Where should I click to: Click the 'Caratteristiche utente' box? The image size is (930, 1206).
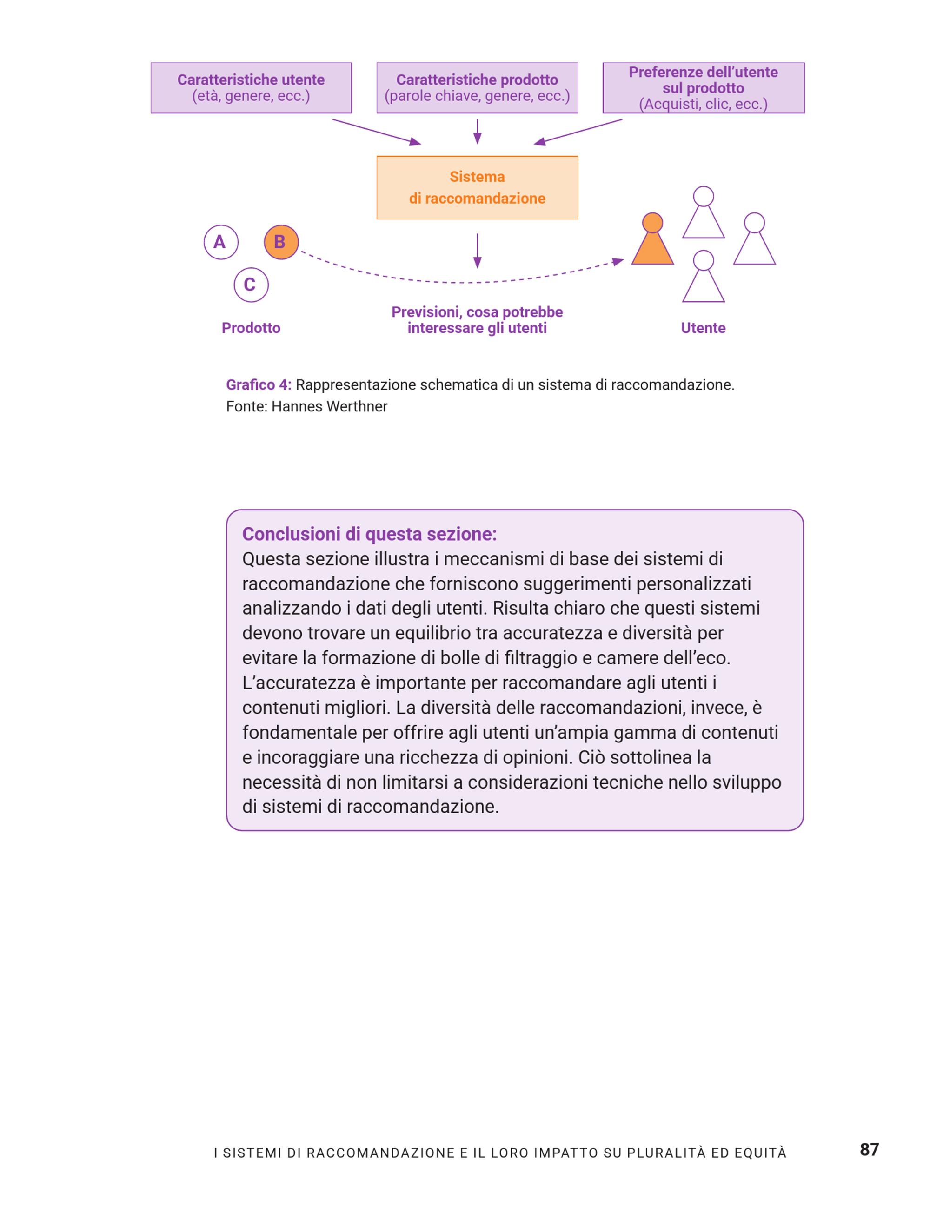point(251,88)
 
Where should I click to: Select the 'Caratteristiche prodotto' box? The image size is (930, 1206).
point(477,88)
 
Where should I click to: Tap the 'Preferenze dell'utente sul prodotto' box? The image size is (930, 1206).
point(703,88)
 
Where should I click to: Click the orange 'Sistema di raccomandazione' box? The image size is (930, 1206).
point(477,187)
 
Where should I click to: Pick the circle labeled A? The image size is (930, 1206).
point(220,242)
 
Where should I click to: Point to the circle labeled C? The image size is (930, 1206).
point(251,285)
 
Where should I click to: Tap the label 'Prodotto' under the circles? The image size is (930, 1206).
point(251,328)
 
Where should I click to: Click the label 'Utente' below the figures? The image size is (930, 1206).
point(703,328)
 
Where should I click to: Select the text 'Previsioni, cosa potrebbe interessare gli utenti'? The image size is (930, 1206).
point(477,320)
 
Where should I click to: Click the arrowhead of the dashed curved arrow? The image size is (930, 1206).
point(618,261)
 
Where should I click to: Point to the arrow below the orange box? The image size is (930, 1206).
point(477,251)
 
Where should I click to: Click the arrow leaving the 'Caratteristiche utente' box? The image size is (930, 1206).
point(376,132)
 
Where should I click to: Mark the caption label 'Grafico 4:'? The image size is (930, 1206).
point(259,385)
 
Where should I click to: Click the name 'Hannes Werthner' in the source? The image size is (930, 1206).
point(329,406)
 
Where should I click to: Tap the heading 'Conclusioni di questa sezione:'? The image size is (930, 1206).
point(370,534)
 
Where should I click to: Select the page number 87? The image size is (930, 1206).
point(869,1149)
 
